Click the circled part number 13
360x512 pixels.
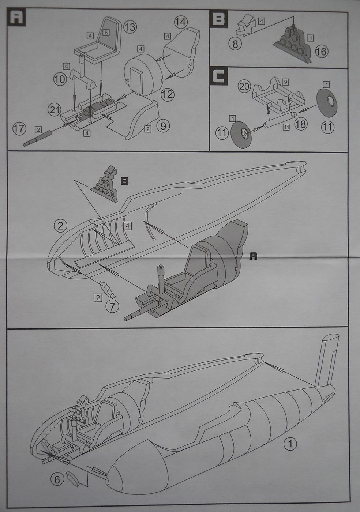(x=130, y=27)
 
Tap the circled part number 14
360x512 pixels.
(x=180, y=22)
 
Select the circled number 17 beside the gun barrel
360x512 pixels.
(x=19, y=128)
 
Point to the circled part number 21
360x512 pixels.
(x=55, y=109)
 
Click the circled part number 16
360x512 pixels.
(x=321, y=52)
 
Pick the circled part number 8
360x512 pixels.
(x=235, y=44)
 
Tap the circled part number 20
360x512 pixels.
(x=244, y=87)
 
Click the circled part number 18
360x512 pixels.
(x=301, y=124)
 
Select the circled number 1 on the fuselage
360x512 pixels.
(x=290, y=445)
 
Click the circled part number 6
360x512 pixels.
(x=57, y=479)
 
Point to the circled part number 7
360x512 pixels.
(x=112, y=306)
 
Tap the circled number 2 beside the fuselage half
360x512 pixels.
(x=60, y=225)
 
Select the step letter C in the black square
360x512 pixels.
(x=218, y=76)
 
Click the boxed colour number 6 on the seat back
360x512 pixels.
(x=106, y=33)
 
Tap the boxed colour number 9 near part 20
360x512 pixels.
(x=286, y=81)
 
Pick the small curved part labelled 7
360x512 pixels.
(x=108, y=290)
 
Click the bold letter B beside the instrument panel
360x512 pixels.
(x=124, y=181)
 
